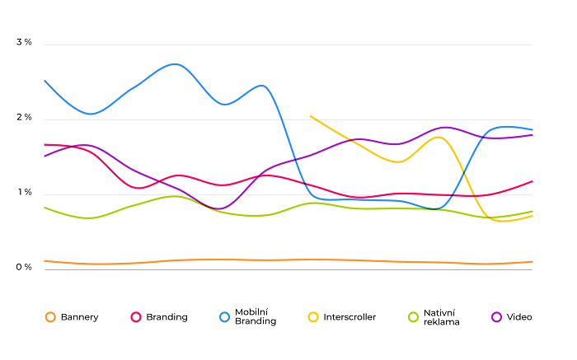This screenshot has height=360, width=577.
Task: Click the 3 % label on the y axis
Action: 24,42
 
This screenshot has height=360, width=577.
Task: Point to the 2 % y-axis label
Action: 24,118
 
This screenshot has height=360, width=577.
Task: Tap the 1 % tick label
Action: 24,193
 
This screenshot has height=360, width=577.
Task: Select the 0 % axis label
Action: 24,268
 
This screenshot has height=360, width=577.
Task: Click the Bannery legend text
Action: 79,317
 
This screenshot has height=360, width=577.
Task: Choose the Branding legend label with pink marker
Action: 167,317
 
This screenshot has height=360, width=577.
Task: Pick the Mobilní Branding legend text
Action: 256,317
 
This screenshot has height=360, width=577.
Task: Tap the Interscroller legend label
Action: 349,317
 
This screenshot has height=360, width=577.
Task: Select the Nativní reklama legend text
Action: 441,317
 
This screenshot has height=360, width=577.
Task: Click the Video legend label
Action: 519,317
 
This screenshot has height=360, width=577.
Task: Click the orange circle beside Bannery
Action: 50,317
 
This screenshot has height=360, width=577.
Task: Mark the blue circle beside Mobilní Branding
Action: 224,317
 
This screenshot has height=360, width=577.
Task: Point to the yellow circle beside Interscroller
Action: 313,317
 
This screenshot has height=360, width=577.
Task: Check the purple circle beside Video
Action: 496,317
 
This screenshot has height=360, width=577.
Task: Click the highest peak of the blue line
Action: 175,63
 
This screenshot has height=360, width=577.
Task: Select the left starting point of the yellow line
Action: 310,116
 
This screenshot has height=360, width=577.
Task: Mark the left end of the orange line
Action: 45,260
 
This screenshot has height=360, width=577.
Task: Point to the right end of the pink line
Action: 532,181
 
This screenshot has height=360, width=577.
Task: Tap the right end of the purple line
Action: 532,134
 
